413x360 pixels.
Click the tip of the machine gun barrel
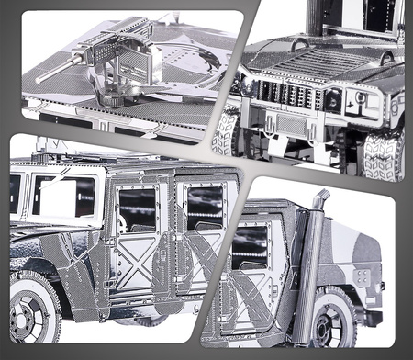coord(39,81)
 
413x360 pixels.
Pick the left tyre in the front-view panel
coord(226,134)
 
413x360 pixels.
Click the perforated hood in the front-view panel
coord(303,62)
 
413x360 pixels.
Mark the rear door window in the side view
coord(205,207)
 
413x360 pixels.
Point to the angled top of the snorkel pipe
coord(320,198)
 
